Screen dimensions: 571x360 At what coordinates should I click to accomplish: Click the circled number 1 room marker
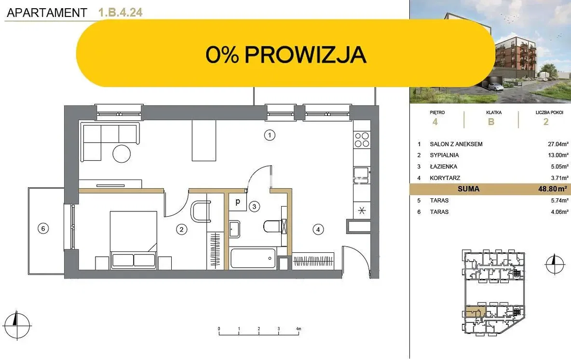(x=270, y=135)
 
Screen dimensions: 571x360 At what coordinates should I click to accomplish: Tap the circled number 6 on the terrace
(x=43, y=228)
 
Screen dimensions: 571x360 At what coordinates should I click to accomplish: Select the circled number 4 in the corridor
(x=318, y=229)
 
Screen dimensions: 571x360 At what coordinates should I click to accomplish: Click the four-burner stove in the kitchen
(x=362, y=139)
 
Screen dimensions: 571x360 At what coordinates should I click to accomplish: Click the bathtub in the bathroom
(x=253, y=258)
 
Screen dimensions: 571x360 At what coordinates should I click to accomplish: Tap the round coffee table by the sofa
(x=122, y=153)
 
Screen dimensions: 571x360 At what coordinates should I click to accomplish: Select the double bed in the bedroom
(x=133, y=240)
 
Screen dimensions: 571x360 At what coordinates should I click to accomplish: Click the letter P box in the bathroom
(x=238, y=202)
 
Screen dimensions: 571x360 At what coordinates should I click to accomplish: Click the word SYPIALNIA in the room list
(x=444, y=155)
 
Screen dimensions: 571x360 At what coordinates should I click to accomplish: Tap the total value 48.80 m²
(x=552, y=189)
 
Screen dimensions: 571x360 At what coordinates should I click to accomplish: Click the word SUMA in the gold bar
(x=468, y=189)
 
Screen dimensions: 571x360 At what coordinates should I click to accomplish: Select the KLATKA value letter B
(x=491, y=122)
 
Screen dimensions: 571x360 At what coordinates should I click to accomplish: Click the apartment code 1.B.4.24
(x=120, y=13)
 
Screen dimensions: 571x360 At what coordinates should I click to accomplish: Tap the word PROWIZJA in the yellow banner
(x=305, y=55)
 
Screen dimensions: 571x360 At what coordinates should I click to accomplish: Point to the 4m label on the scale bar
(x=299, y=329)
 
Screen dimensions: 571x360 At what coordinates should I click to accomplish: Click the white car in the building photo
(x=495, y=86)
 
